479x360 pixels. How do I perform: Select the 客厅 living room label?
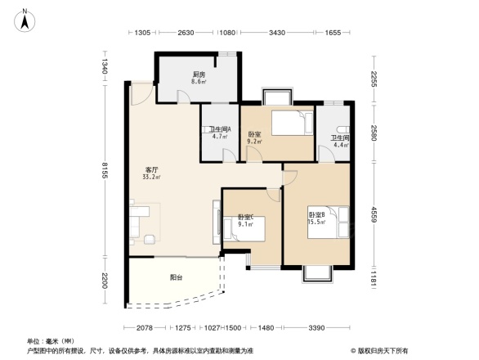coord(151,169)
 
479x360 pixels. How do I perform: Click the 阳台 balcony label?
coord(176,277)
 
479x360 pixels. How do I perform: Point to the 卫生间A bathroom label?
coord(220,129)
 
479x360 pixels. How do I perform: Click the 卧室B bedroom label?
coord(316,214)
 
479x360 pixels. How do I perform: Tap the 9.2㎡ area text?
coord(254,142)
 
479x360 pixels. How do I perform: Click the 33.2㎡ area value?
coord(151,177)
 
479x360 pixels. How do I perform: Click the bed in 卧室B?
coord(329,221)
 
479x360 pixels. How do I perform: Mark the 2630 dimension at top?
coord(185,33)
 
